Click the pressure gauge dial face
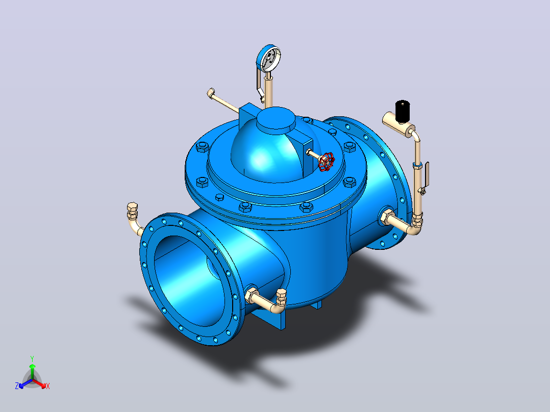(270, 59)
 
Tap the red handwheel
(326, 162)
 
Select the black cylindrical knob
(403, 111)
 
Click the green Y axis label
(32, 358)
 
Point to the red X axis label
(48, 386)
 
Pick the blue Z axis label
(17, 386)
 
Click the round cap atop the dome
(276, 120)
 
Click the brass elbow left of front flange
(134, 220)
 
